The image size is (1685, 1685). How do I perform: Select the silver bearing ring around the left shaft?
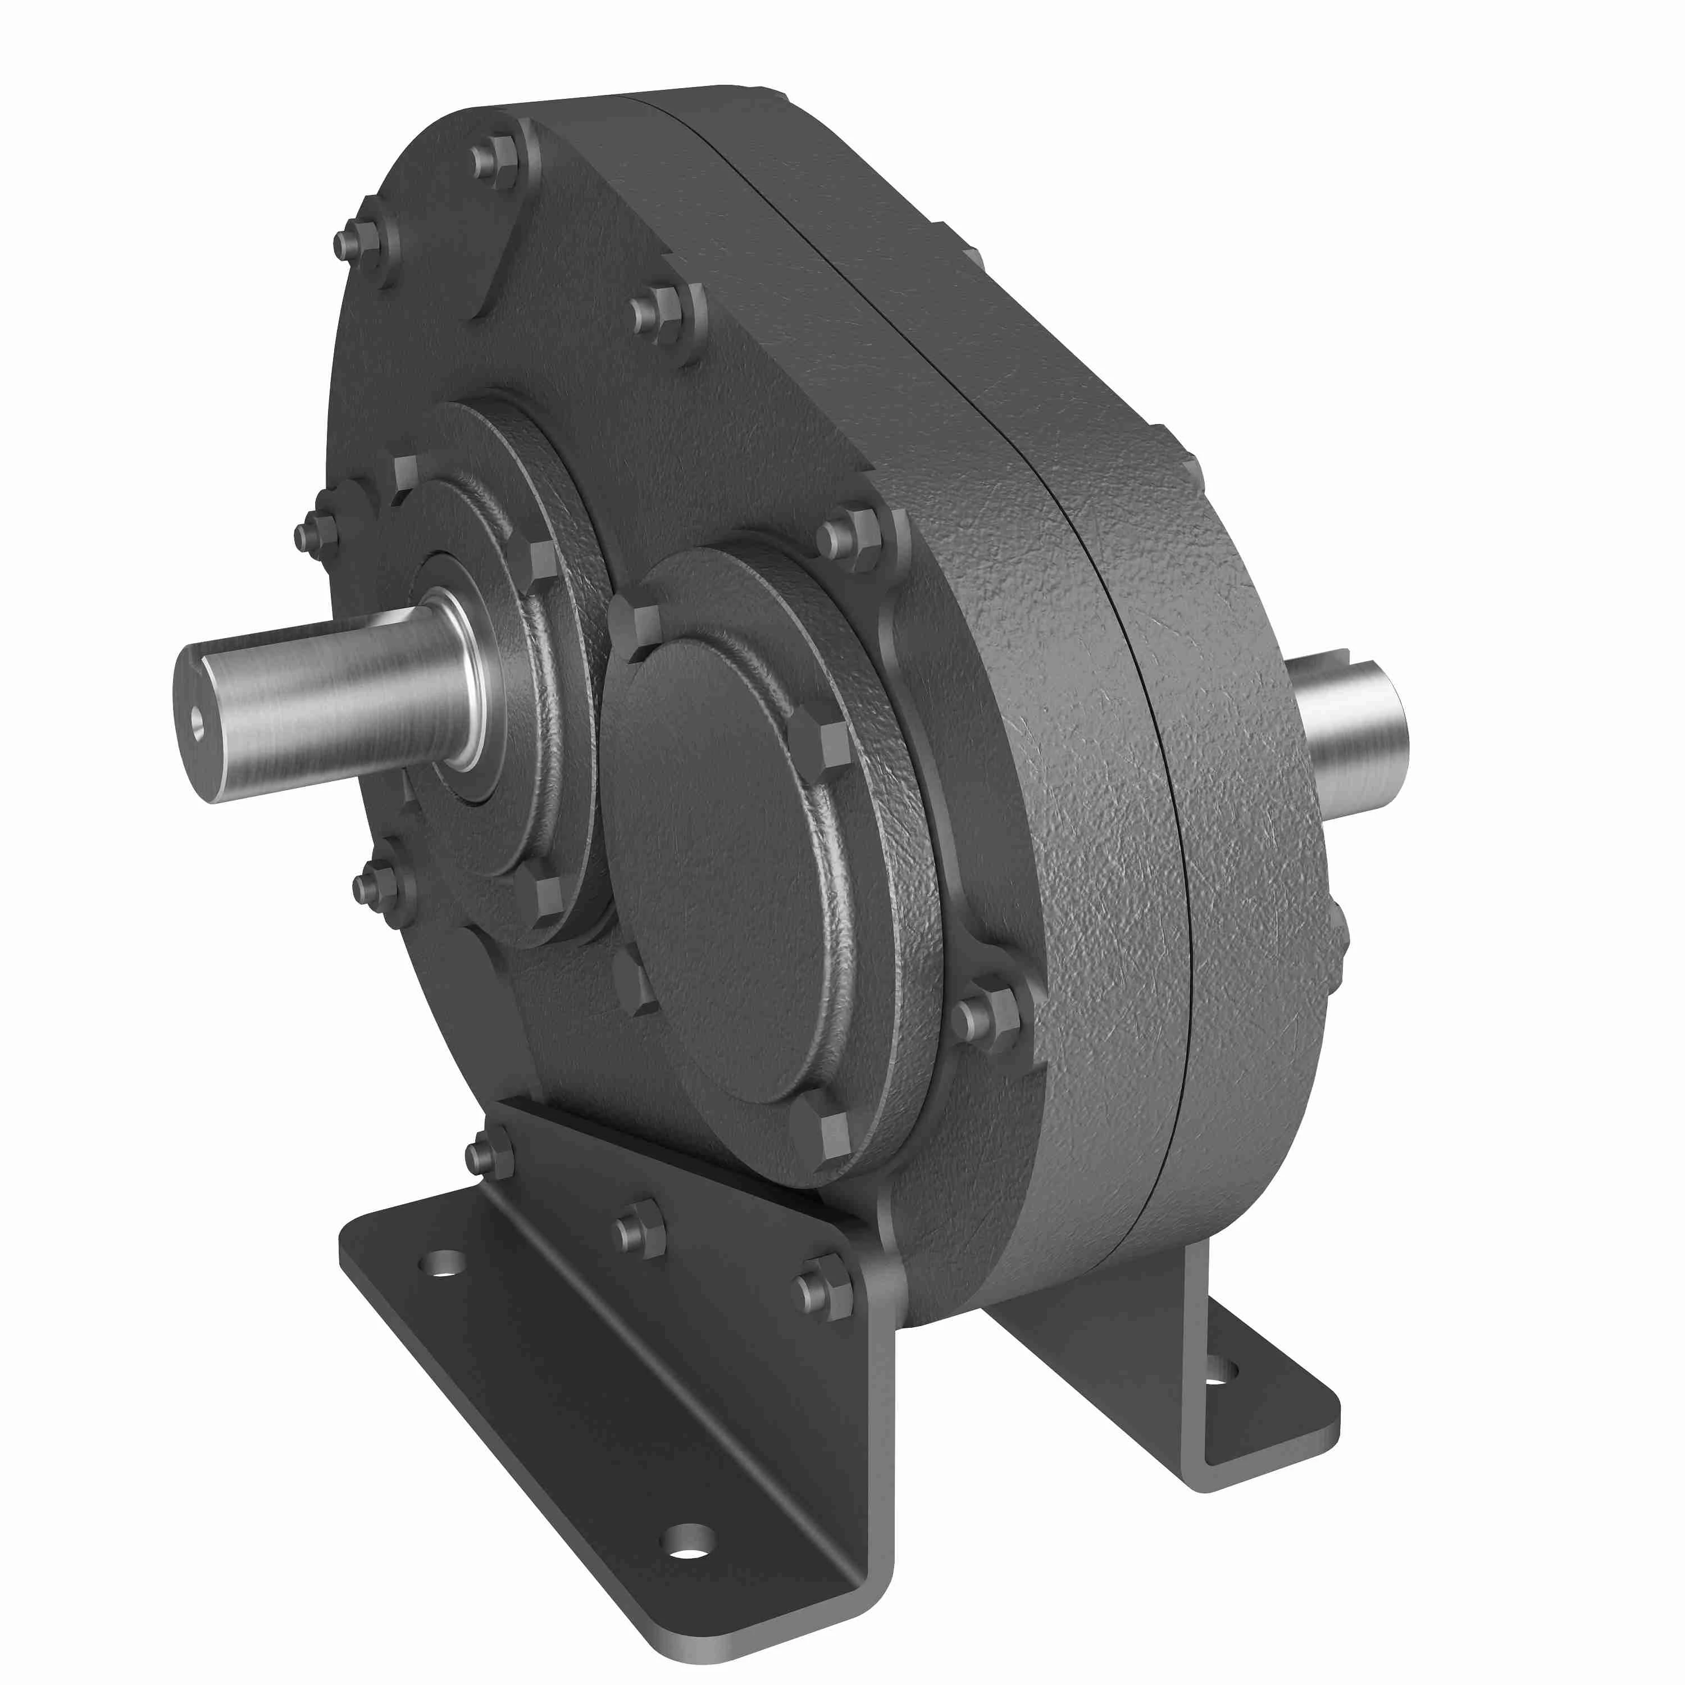coord(472,680)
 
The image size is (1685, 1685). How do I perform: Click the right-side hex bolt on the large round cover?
coord(820,746)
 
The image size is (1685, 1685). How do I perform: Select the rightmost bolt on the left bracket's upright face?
coord(822,1292)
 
